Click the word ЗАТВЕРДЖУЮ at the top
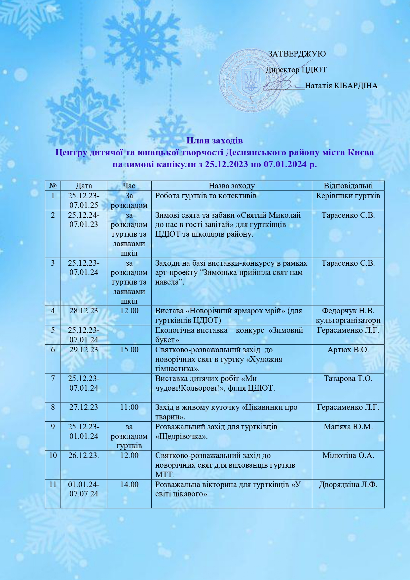[297, 54]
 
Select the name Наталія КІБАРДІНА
[341, 86]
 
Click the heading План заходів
[214, 140]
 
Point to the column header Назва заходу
[232, 186]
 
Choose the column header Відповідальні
[348, 186]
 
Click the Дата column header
[84, 186]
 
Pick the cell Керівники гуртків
[348, 196]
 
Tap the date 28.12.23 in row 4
[84, 311]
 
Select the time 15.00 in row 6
[129, 350]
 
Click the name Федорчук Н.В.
[348, 311]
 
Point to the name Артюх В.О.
[348, 350]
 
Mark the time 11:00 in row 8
[129, 407]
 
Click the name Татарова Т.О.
[348, 378]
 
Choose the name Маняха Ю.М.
[348, 427]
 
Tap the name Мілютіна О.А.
[348, 455]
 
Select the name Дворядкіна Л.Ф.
[348, 484]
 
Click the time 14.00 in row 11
[129, 484]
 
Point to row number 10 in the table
[53, 455]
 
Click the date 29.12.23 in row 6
[84, 350]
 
